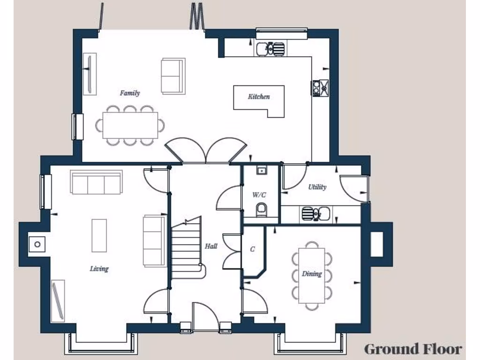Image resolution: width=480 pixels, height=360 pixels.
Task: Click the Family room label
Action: point(129,93)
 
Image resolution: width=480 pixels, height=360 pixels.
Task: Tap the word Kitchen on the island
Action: point(259,97)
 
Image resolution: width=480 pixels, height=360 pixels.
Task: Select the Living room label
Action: point(99,269)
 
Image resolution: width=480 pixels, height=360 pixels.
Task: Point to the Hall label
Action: point(211,246)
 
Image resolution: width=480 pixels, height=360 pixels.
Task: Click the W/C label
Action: point(260,195)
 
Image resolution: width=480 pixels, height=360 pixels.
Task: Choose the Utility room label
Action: point(317,187)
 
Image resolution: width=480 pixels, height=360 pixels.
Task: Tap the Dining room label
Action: point(312,274)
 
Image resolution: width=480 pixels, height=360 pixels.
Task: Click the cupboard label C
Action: point(252,249)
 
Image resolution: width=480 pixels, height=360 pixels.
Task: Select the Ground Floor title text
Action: point(412,349)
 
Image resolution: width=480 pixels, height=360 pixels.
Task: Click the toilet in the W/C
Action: point(262,210)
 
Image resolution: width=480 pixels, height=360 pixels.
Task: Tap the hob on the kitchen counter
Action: point(321,88)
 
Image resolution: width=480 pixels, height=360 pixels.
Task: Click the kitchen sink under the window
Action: point(270,48)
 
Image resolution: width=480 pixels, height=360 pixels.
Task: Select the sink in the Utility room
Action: point(315,214)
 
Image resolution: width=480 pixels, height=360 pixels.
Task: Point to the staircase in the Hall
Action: point(187,248)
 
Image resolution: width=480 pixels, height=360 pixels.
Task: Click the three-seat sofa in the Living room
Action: point(96,182)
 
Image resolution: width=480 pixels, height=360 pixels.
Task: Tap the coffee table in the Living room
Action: point(99,235)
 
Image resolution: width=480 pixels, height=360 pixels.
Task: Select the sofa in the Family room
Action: point(173,76)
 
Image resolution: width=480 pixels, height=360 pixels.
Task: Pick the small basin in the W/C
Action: point(262,170)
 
